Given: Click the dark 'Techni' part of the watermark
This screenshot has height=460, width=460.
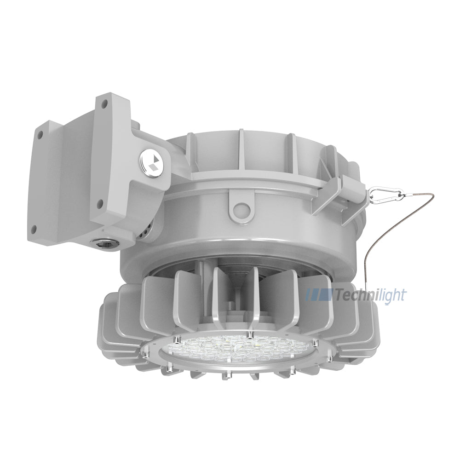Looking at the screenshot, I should pos(349,295).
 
